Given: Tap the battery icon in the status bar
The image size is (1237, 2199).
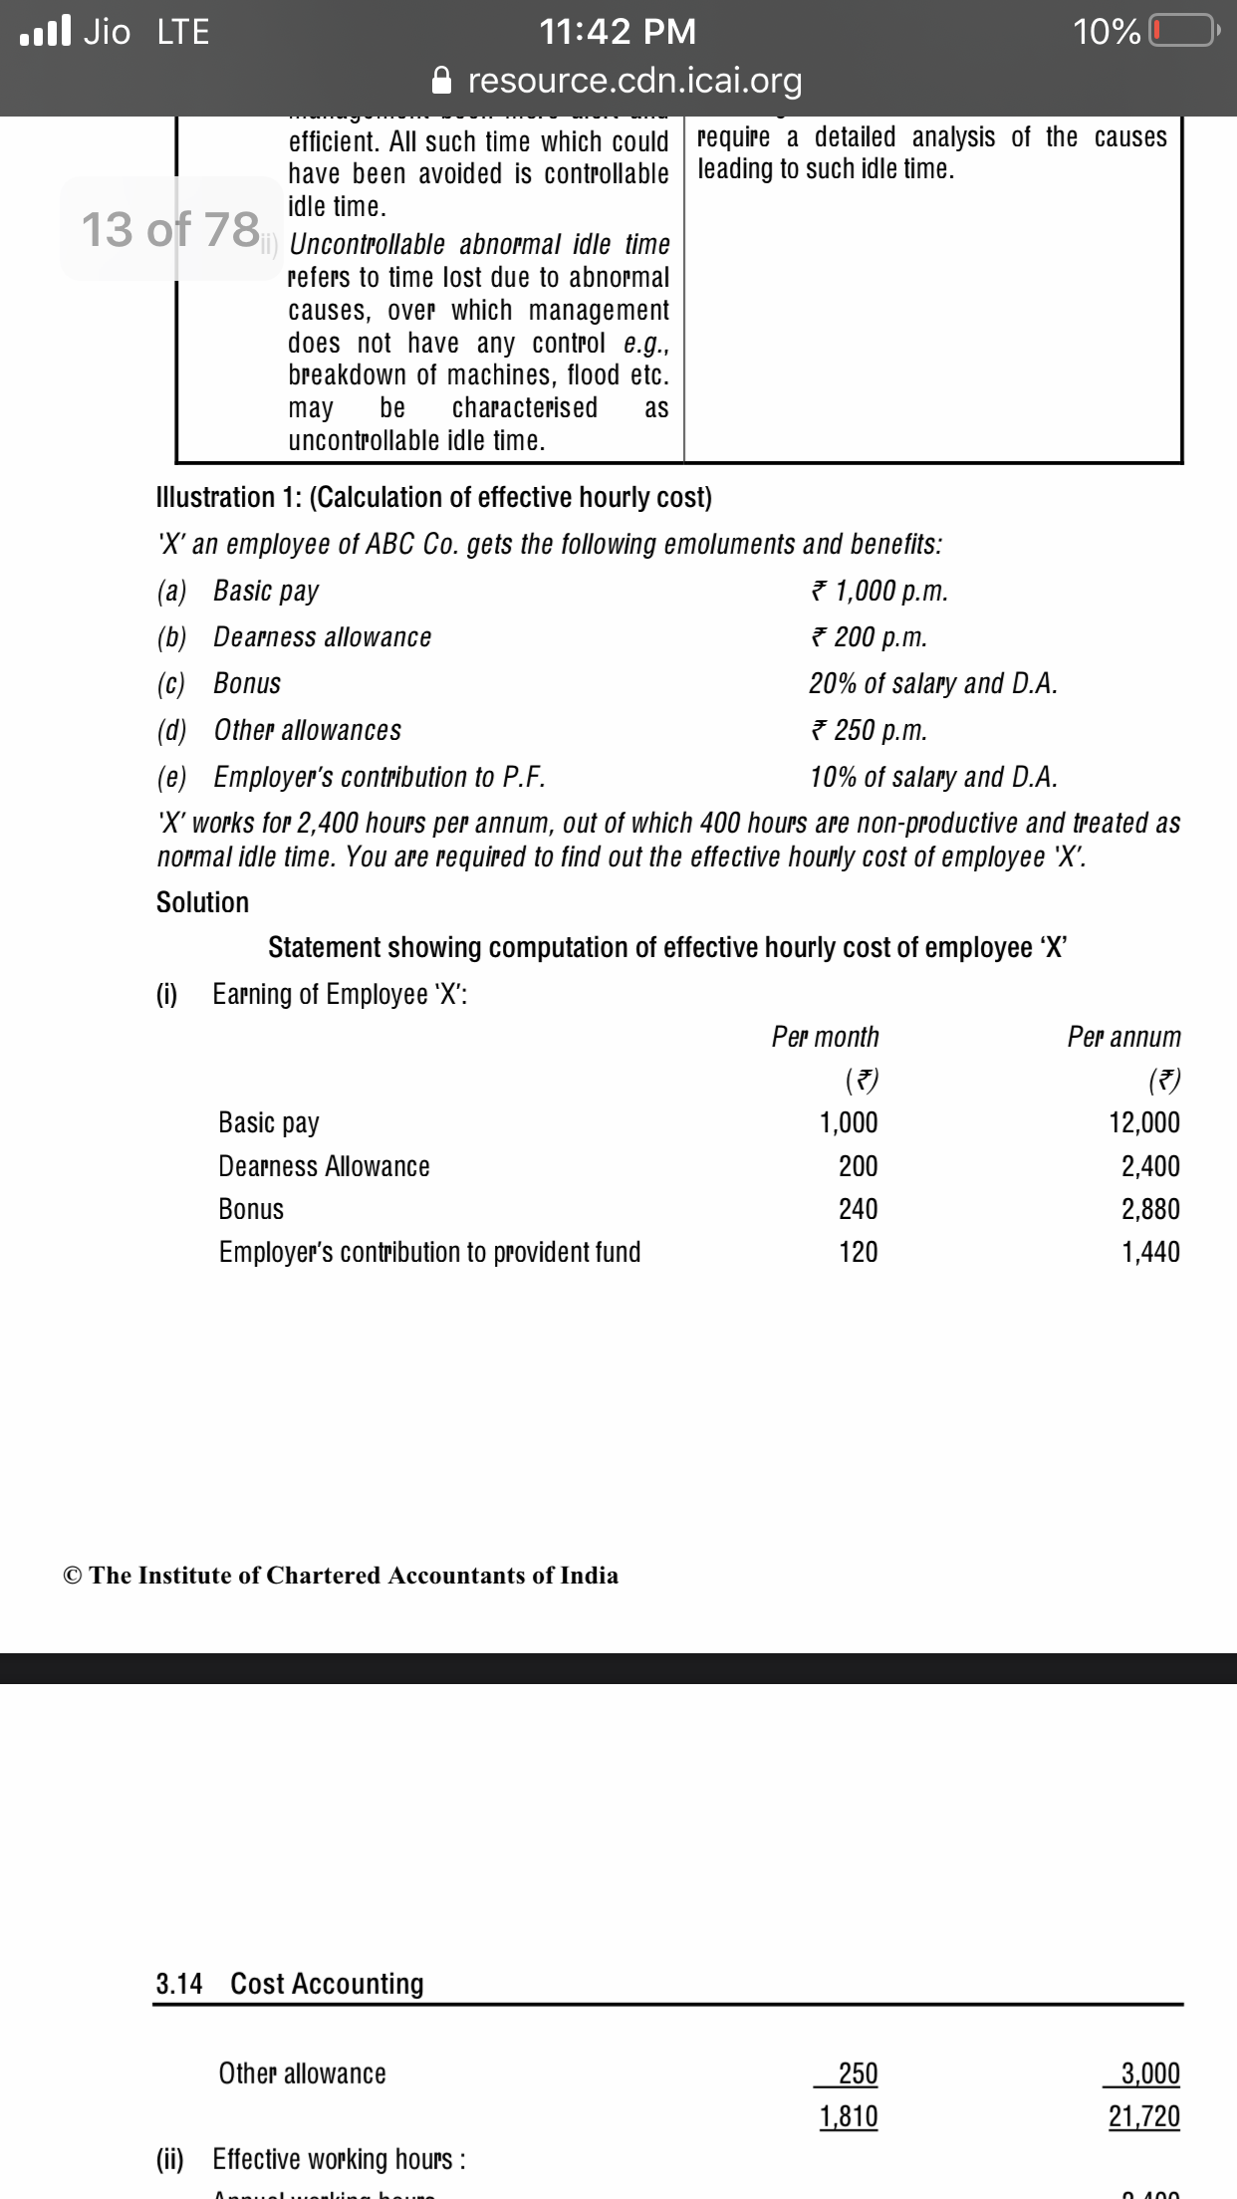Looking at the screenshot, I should click(x=1182, y=32).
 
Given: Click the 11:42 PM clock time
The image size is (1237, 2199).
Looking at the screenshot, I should click(x=618, y=32).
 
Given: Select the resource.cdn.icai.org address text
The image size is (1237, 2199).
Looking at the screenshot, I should click(x=634, y=80).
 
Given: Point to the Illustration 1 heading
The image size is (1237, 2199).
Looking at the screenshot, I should click(x=434, y=497).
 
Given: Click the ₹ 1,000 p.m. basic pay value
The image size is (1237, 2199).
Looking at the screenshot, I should click(x=878, y=591).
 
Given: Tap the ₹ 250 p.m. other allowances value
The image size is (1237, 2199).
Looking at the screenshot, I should click(x=868, y=730).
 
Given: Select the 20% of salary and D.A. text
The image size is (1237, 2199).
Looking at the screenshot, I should click(x=933, y=683).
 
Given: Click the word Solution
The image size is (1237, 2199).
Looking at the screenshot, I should click(x=202, y=902).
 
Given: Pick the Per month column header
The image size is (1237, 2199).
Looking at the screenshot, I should click(x=826, y=1037).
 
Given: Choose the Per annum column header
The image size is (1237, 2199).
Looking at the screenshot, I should click(x=1123, y=1037).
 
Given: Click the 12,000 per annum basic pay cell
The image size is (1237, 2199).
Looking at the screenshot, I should click(x=1144, y=1122).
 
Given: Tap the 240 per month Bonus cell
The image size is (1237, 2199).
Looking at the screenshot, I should click(x=858, y=1209).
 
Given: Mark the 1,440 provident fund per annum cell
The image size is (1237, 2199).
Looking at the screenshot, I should click(x=1150, y=1252).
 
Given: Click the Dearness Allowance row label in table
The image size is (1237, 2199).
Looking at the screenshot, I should click(x=324, y=1166).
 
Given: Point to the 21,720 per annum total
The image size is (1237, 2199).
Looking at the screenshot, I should click(x=1144, y=2116).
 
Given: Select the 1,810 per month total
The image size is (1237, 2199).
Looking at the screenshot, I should click(x=849, y=2116).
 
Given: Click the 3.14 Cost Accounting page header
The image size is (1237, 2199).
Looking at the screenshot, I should click(x=290, y=1984).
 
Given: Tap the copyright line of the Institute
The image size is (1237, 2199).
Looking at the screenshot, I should click(x=340, y=1575).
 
